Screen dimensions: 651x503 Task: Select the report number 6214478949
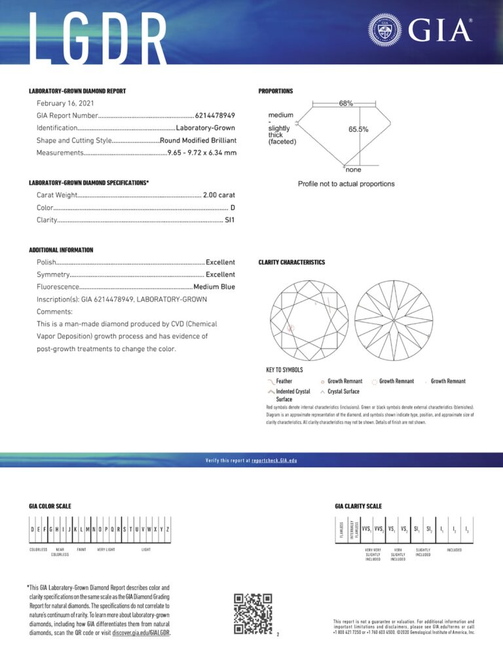(215, 116)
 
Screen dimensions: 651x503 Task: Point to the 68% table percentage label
(346, 103)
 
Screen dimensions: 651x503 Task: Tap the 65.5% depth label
(358, 130)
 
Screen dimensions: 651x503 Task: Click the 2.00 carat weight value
(219, 195)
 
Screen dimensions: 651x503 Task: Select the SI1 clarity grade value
(229, 220)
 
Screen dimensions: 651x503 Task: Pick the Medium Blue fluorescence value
(214, 287)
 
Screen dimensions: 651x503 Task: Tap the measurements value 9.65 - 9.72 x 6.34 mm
(202, 153)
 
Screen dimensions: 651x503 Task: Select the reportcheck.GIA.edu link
(274, 460)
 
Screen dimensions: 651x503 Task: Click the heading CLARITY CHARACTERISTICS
(291, 262)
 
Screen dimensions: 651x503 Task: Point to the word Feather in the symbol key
(284, 381)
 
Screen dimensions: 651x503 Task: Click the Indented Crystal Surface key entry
(293, 395)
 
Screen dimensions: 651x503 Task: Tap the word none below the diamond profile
(353, 170)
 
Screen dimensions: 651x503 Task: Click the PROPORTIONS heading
(276, 91)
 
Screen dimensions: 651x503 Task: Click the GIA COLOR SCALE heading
(50, 506)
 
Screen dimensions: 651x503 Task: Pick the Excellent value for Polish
(220, 262)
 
